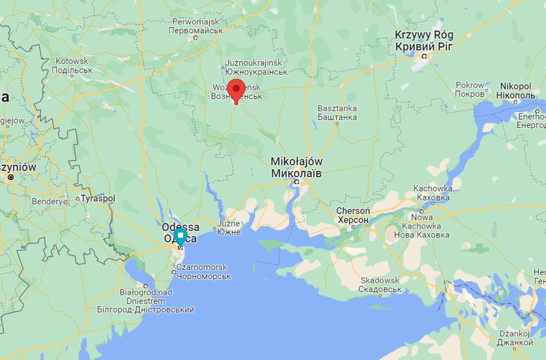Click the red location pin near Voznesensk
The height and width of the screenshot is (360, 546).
237,91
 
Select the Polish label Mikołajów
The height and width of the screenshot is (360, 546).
297,161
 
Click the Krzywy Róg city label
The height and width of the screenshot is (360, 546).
424,35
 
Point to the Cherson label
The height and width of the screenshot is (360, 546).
353,210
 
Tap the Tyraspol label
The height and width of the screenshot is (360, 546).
98,199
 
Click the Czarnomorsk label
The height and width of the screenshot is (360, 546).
183,267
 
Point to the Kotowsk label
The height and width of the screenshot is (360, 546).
72,61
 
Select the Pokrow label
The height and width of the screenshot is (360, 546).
470,85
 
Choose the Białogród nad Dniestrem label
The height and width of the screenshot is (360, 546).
146,296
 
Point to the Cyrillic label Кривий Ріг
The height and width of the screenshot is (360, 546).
424,46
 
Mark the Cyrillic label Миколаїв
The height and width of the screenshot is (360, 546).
296,172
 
